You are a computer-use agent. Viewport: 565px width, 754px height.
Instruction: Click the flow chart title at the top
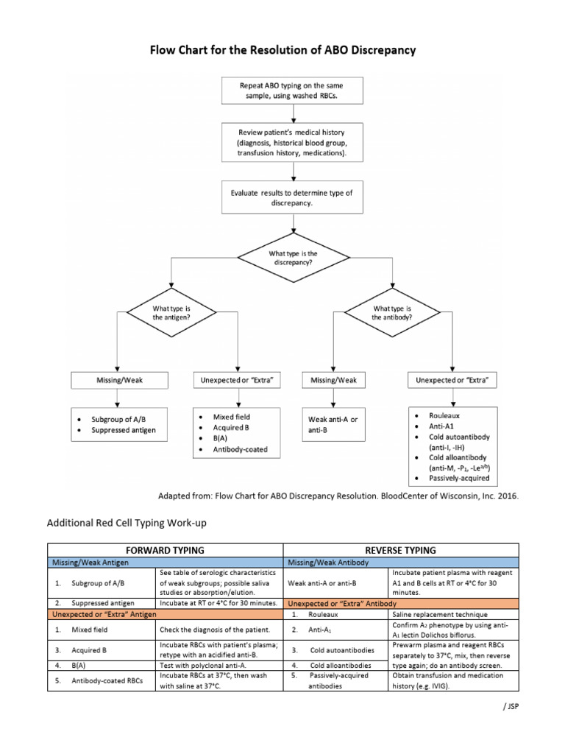283,51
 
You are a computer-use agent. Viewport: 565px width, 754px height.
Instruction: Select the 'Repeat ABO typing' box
294,91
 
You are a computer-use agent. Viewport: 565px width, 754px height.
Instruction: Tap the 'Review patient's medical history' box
294,141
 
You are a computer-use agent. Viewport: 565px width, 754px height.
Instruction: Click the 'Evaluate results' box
294,198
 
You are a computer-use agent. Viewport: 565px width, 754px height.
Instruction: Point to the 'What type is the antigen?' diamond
171,313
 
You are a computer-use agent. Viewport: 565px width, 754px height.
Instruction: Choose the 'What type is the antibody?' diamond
393,313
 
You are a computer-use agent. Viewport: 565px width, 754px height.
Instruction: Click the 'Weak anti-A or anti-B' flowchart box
333,424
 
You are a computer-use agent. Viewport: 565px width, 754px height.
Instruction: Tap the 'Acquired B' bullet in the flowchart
228,427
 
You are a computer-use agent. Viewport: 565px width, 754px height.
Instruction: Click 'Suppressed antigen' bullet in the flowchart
124,430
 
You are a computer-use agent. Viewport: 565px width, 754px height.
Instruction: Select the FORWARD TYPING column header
166,550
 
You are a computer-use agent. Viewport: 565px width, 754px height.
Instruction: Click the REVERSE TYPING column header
401,550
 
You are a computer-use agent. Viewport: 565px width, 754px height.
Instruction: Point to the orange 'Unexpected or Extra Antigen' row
166,614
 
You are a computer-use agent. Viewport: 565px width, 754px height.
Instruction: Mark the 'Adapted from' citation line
338,496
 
